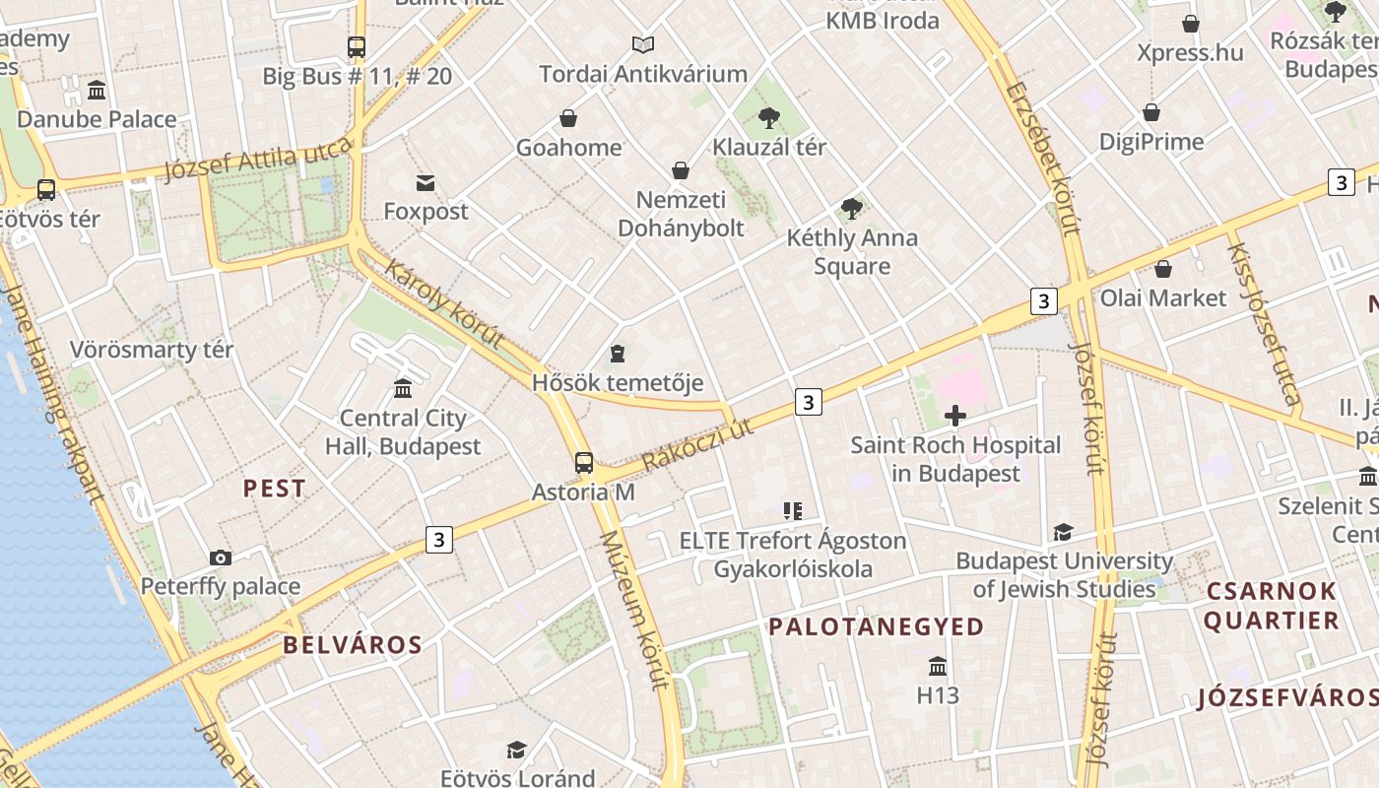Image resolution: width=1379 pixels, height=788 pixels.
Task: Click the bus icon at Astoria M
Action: [x=584, y=462]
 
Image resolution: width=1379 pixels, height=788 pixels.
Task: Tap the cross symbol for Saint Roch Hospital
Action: [x=955, y=416]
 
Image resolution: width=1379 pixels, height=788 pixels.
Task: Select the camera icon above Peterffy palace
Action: [x=221, y=558]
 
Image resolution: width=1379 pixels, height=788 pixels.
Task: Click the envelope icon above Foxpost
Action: [x=426, y=182]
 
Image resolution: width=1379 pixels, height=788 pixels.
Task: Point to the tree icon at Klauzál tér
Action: [x=769, y=118]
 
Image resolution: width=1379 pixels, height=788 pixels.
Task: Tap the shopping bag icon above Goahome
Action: [x=568, y=118]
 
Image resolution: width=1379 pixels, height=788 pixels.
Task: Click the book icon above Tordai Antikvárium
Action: [x=643, y=44]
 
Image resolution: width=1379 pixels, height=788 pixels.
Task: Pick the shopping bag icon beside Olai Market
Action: [x=1163, y=269]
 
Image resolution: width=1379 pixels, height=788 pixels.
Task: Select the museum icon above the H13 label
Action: [x=938, y=667]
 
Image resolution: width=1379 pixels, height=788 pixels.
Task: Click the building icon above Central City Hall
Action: [x=403, y=389]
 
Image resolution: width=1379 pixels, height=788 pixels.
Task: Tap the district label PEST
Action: [x=274, y=489]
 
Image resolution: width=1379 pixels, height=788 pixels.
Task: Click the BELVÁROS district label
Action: [x=353, y=646]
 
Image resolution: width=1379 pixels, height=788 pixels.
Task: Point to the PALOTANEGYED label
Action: [x=877, y=627]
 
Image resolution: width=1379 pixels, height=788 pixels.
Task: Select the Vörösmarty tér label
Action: [x=152, y=350]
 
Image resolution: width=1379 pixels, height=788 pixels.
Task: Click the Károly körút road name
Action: [x=444, y=304]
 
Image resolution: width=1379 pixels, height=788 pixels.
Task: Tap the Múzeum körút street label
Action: [x=635, y=611]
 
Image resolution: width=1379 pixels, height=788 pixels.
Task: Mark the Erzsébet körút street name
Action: [x=1043, y=158]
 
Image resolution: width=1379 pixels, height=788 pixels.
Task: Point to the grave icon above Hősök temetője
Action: [x=618, y=353]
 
